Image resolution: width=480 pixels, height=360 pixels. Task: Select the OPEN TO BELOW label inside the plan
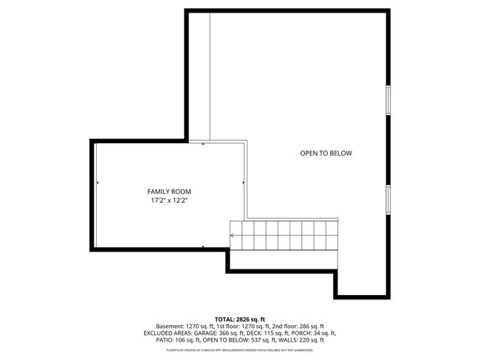pos(326,153)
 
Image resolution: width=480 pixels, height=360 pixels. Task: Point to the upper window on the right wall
pos(387,100)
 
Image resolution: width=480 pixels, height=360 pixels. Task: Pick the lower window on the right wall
pos(387,199)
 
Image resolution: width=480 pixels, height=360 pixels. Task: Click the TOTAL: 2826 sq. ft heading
pos(239,319)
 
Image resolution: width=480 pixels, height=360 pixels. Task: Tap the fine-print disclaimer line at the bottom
pos(239,350)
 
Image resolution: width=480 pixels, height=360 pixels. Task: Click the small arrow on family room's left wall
pos(97,181)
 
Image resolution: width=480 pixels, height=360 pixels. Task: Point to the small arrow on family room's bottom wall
pos(203,246)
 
